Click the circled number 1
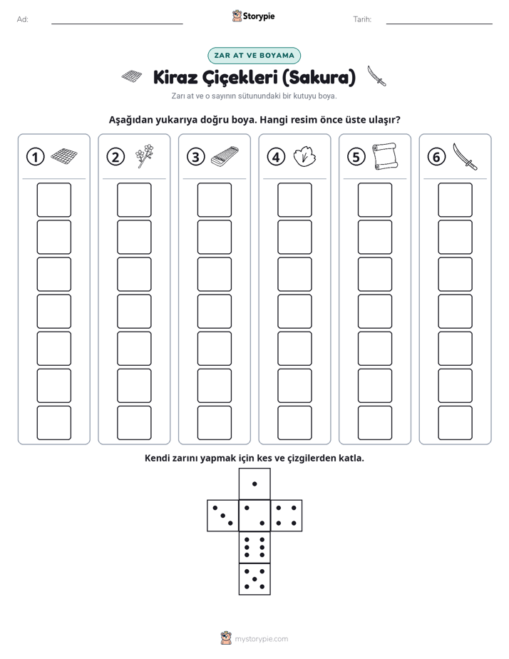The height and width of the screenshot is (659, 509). point(35,157)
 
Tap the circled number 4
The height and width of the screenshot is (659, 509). point(276,157)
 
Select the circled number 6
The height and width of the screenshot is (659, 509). point(436,157)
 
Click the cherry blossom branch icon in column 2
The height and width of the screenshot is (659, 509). point(145,156)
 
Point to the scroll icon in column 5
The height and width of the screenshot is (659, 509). point(385,156)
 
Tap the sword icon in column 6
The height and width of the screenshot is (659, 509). point(466,156)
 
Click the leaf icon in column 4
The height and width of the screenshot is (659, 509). point(304,157)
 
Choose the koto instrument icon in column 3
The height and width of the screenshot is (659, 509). point(225,156)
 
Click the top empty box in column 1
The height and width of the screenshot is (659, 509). point(53,200)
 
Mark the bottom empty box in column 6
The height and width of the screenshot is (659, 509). point(455,423)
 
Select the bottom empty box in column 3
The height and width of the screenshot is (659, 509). point(214,423)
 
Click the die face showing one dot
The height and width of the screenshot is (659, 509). point(254,484)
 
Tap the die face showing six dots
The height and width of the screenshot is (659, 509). point(254,547)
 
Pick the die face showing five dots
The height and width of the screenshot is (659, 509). point(254,578)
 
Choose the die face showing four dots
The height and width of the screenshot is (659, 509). point(287,515)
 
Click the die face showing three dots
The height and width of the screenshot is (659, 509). point(223,515)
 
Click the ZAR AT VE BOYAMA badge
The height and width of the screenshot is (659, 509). point(254,56)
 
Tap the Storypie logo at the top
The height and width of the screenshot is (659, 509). point(253,16)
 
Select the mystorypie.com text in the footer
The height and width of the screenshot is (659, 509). point(261,639)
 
